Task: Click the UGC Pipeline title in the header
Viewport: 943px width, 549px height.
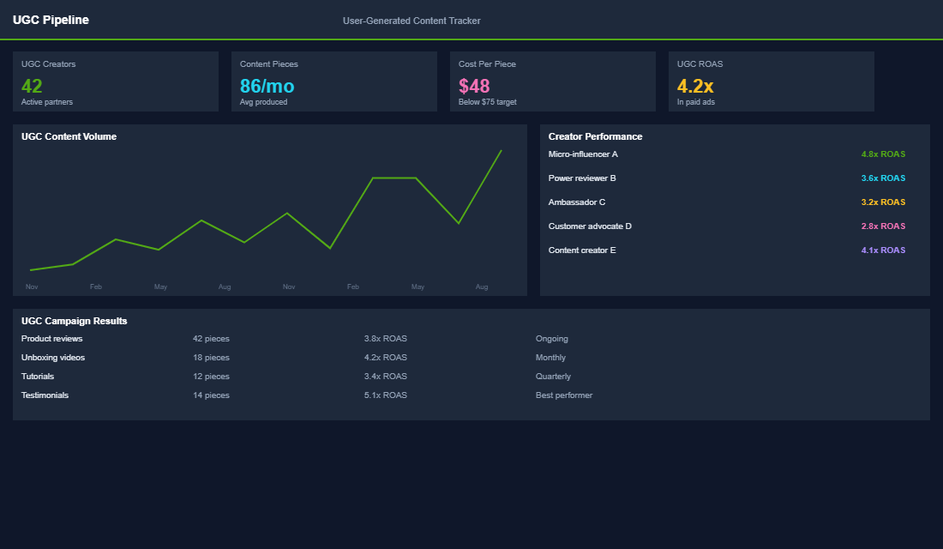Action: (x=51, y=20)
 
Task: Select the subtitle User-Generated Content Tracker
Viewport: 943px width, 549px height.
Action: (x=411, y=21)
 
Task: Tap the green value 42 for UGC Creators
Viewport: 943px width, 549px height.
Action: (x=32, y=86)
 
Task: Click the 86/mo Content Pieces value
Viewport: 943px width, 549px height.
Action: (x=267, y=86)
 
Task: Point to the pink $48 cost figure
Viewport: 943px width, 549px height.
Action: (x=474, y=86)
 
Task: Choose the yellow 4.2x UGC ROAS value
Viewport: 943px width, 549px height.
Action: (x=695, y=86)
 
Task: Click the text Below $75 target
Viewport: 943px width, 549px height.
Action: (x=487, y=102)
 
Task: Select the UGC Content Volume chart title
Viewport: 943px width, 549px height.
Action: (x=69, y=136)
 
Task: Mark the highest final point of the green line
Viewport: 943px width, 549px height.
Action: (x=501, y=151)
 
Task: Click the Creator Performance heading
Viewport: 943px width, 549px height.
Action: (x=595, y=136)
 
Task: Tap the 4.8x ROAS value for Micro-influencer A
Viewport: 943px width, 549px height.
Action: (x=883, y=154)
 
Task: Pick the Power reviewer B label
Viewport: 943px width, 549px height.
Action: (x=582, y=178)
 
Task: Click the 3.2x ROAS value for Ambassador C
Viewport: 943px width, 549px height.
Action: (x=883, y=202)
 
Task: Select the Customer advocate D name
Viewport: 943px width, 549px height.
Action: (x=590, y=226)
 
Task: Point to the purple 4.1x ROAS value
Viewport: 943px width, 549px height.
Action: (x=883, y=250)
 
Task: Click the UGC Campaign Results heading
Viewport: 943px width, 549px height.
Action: (x=74, y=321)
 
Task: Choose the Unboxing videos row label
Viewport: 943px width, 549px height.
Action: (x=53, y=358)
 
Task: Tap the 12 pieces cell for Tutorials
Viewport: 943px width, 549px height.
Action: (x=211, y=377)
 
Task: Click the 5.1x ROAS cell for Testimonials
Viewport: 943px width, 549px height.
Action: (x=385, y=395)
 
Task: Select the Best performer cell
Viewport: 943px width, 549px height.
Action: (x=563, y=395)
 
